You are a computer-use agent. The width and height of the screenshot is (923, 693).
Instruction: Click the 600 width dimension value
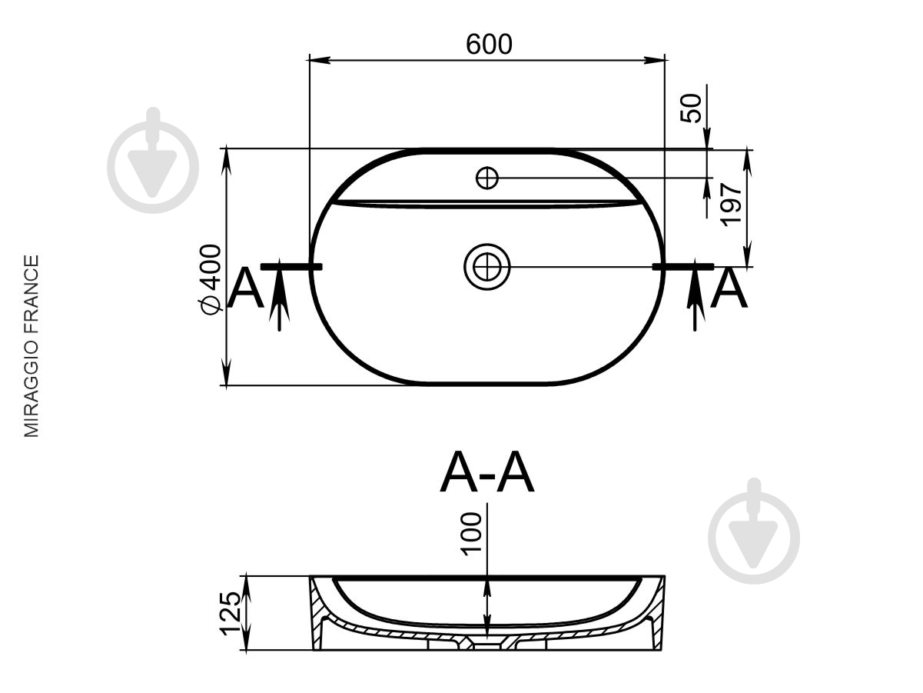click(489, 44)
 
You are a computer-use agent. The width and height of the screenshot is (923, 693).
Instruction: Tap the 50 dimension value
click(691, 108)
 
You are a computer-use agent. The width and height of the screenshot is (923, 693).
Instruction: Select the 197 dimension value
click(731, 205)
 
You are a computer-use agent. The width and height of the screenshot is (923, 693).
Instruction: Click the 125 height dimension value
click(231, 619)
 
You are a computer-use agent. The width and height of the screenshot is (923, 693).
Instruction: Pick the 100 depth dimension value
click(471, 534)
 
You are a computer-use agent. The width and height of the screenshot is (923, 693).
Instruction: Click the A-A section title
click(487, 471)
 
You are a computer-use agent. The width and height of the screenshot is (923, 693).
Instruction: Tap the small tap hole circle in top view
click(487, 178)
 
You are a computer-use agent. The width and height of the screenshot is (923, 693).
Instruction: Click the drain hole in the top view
click(487, 267)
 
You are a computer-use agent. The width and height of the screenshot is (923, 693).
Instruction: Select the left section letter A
click(246, 288)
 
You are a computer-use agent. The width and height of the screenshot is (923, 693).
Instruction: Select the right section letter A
click(729, 288)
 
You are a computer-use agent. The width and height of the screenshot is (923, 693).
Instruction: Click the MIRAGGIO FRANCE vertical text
click(32, 346)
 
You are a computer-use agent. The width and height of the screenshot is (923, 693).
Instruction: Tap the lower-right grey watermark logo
click(754, 531)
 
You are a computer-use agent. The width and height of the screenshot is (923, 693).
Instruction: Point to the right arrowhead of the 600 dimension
click(655, 60)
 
